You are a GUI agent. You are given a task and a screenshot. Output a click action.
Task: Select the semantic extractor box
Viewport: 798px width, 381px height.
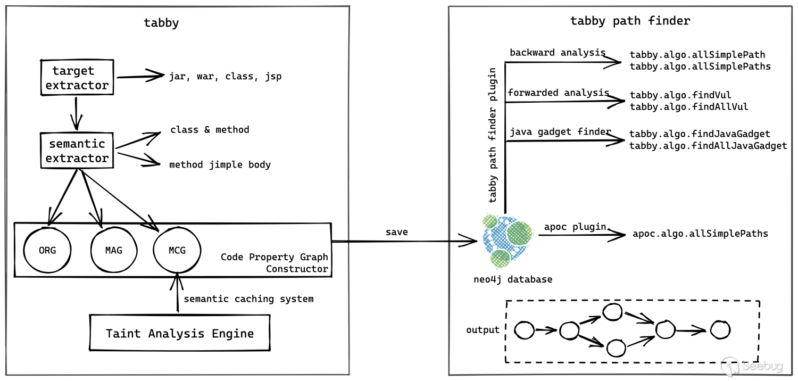[77, 151]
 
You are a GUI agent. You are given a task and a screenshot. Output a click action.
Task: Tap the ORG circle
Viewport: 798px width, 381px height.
[47, 251]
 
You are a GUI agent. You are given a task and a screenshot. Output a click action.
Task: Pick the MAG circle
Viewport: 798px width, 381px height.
[113, 251]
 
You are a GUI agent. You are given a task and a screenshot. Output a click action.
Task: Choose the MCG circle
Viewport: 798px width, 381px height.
[177, 251]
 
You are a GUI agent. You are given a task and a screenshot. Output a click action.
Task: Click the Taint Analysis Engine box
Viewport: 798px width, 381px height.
[180, 334]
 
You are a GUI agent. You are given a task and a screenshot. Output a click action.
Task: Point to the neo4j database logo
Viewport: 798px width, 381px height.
[508, 239]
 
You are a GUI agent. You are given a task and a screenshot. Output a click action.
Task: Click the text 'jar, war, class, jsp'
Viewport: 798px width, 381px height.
[225, 77]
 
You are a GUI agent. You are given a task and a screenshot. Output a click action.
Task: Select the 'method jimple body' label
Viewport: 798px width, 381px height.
[220, 165]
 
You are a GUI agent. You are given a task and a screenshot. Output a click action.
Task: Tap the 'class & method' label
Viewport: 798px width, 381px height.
[210, 130]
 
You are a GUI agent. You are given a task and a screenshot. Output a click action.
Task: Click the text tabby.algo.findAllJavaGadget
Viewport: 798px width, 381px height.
[708, 146]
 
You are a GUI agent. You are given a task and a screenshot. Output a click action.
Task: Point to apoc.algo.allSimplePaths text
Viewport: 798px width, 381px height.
[700, 234]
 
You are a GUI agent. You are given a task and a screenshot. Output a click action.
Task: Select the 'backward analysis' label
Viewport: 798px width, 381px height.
[557, 53]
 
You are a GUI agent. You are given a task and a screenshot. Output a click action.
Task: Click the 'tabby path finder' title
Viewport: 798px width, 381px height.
[630, 21]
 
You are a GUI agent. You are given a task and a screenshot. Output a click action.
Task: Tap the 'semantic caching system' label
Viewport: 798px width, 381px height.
[248, 299]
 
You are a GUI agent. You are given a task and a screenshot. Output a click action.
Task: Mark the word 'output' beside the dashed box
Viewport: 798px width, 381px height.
[483, 330]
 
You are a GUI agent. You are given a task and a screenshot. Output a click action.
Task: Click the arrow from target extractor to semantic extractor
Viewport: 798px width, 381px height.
[77, 113]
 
